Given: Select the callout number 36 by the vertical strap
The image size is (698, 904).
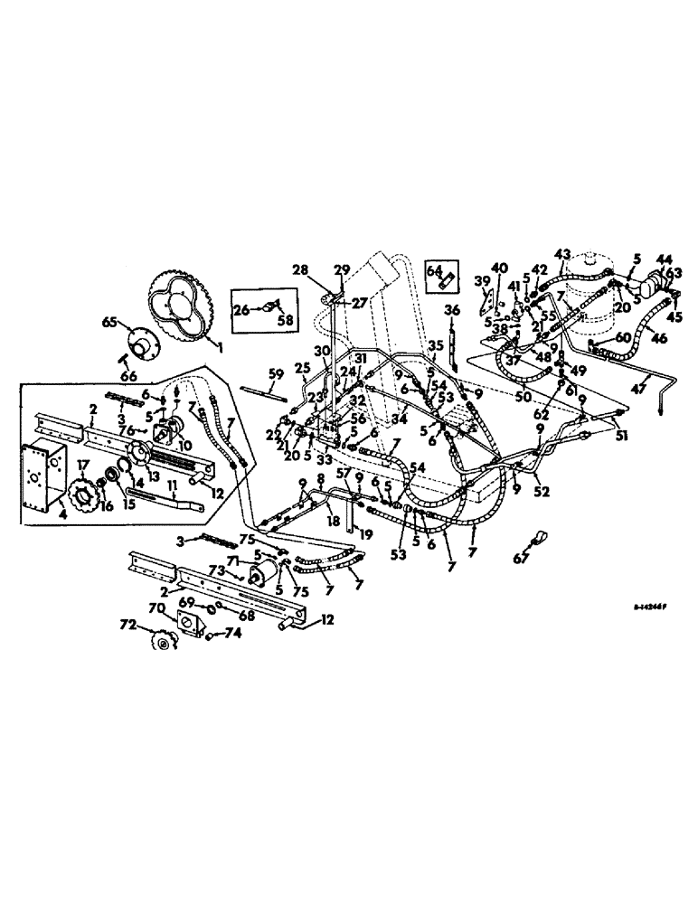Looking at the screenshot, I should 453,311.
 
